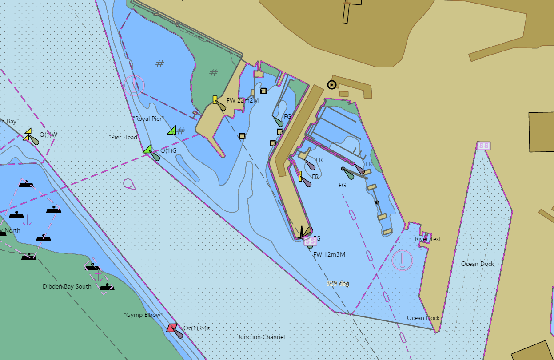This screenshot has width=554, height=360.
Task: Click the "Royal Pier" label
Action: pos(148,119)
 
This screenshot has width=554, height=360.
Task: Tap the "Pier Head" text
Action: pos(124,137)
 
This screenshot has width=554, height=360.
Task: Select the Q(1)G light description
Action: pos(168,150)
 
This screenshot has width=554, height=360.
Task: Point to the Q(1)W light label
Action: pos(48,135)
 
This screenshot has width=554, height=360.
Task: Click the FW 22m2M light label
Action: pos(243,100)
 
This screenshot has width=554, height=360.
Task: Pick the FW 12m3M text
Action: pos(329,254)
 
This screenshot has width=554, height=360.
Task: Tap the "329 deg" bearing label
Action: pos(338,283)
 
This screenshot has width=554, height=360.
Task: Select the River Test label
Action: pos(428,239)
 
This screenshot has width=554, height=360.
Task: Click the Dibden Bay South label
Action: pos(67,286)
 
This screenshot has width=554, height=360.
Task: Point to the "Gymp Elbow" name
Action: pos(143,315)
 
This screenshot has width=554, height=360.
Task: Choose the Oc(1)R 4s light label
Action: pos(196,328)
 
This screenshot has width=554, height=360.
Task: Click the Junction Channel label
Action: pos(261,337)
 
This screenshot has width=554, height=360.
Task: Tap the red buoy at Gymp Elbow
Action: pos(172,328)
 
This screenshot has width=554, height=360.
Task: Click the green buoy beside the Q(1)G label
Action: pos(148,149)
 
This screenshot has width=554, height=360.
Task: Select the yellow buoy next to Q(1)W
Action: pos(28,135)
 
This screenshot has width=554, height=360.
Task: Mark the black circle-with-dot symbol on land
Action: pos(331,85)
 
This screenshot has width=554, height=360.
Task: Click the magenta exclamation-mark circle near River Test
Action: pos(402,260)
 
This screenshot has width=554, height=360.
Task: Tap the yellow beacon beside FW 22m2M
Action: pos(215,100)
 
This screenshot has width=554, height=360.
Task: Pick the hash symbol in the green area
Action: pos(214,73)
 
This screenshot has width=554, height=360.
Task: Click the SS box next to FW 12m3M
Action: pos(310,241)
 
